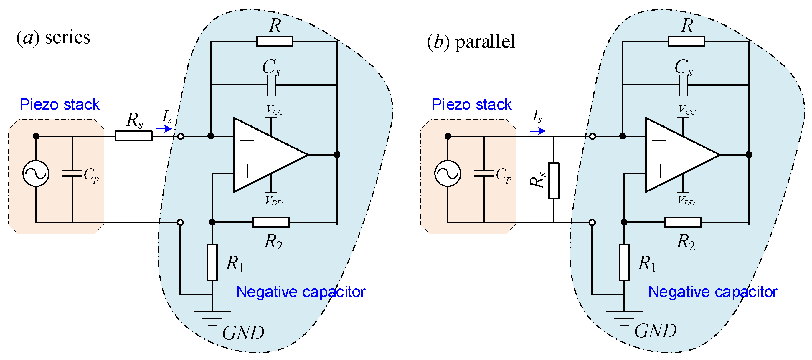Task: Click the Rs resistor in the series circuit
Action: (x=133, y=136)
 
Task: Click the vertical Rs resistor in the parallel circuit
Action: (x=554, y=181)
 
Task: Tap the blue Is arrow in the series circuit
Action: (x=164, y=129)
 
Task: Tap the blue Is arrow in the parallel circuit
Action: (x=537, y=131)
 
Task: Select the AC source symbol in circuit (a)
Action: (x=36, y=174)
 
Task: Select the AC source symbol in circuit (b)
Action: (x=448, y=174)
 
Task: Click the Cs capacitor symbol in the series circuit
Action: (x=271, y=85)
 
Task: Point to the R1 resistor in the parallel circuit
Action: (x=624, y=262)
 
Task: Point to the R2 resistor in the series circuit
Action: (x=271, y=222)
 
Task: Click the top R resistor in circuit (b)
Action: (x=686, y=41)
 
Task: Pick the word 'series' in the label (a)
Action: (x=67, y=37)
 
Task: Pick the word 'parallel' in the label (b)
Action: (x=485, y=42)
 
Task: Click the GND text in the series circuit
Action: (x=243, y=333)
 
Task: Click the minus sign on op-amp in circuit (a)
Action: (x=247, y=140)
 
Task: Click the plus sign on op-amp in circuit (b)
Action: (x=660, y=171)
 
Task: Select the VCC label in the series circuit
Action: (x=275, y=110)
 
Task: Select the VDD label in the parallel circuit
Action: (x=686, y=201)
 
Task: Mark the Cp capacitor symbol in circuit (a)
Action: (x=72, y=174)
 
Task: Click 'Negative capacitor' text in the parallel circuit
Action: (x=713, y=292)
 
